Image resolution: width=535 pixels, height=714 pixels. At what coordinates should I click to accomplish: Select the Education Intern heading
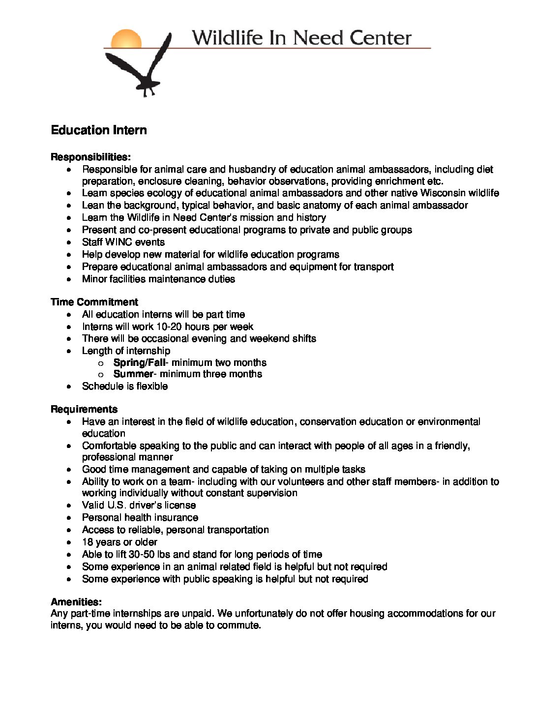pyautogui.click(x=99, y=130)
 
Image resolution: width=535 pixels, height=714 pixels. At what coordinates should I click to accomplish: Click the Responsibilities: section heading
pyautogui.click(x=91, y=157)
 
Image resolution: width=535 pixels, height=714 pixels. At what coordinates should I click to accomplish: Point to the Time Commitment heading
pyautogui.click(x=94, y=302)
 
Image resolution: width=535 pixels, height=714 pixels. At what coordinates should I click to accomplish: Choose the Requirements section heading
pyautogui.click(x=84, y=409)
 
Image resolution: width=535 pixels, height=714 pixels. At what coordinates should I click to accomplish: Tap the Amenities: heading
pyautogui.click(x=76, y=601)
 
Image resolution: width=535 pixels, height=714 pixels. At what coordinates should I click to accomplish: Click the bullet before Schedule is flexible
pyautogui.click(x=71, y=387)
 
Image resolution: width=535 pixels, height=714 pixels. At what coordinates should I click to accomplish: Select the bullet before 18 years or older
pyautogui.click(x=71, y=542)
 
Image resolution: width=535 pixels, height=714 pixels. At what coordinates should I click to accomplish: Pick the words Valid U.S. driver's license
pyautogui.click(x=139, y=505)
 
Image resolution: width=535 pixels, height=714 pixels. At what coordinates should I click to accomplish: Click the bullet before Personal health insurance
pyautogui.click(x=71, y=518)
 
